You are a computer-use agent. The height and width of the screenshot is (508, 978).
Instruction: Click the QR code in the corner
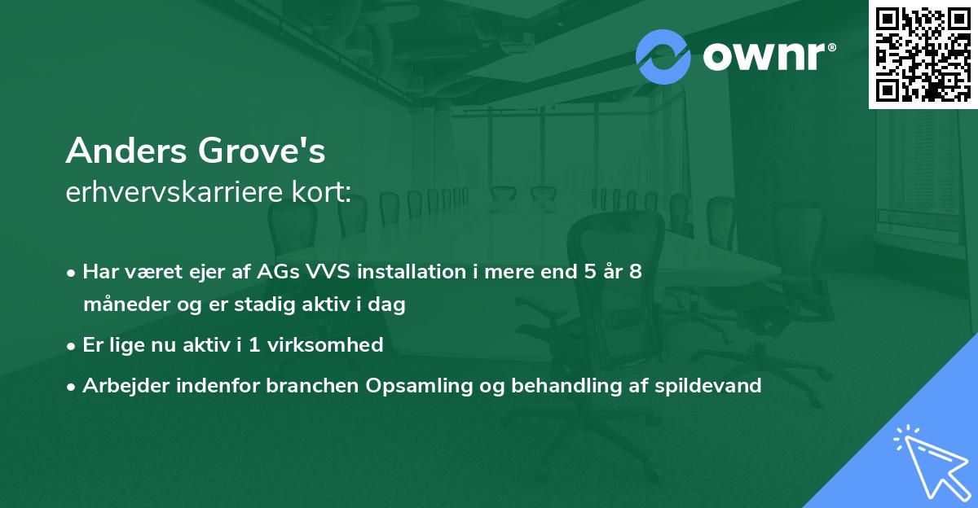(x=923, y=54)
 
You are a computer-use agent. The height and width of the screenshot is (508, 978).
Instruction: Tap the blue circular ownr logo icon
(x=663, y=57)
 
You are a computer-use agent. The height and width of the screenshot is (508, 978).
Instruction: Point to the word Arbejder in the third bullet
(x=119, y=386)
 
